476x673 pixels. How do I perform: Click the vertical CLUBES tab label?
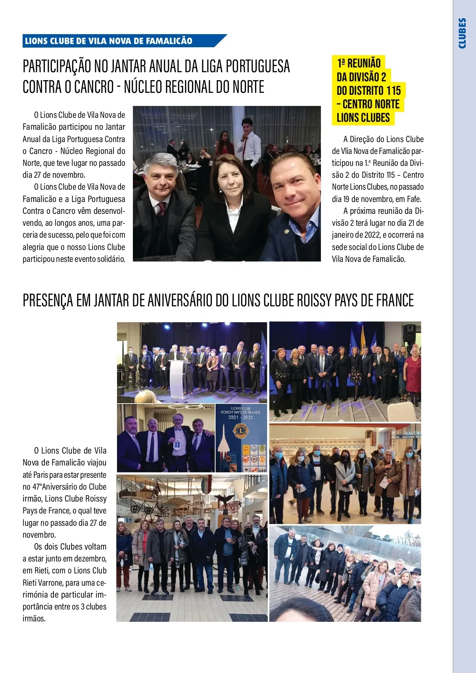coord(462,33)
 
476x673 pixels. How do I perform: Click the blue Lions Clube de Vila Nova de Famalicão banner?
coord(119,41)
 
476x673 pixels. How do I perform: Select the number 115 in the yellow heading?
coord(393,91)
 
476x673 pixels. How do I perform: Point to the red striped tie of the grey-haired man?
coord(162,210)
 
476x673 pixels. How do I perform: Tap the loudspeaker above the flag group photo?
coord(409,333)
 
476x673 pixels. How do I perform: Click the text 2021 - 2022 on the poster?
coord(241,417)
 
